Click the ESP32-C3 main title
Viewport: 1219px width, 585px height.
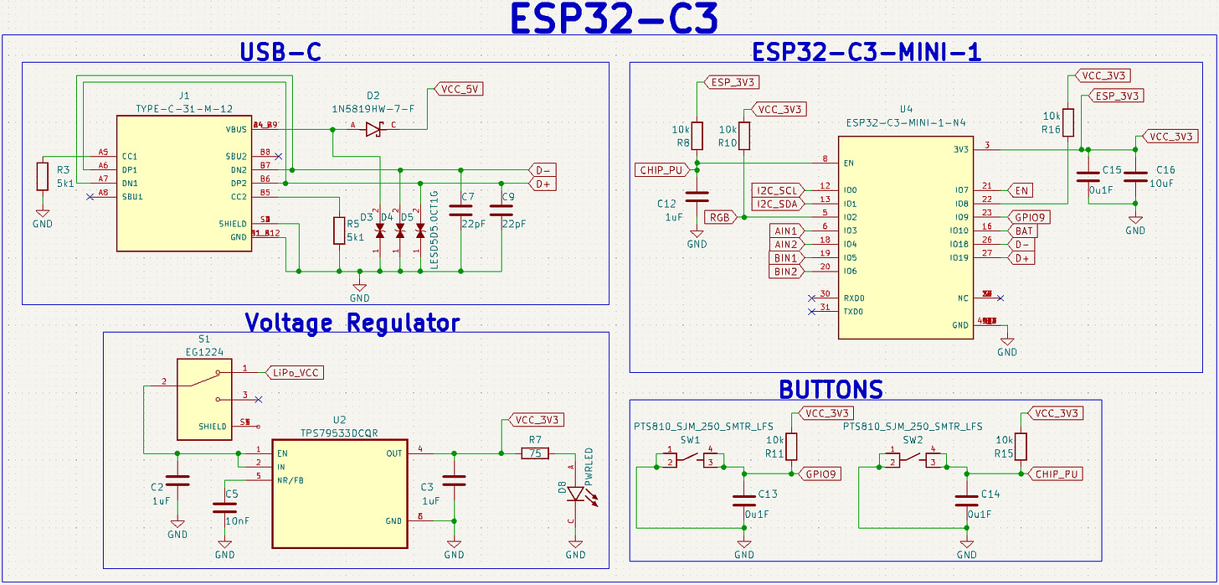tap(614, 20)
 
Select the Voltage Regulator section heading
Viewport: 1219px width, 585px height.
tap(352, 323)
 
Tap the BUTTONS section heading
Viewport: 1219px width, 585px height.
tap(831, 390)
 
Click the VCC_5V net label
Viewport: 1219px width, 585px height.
tap(459, 89)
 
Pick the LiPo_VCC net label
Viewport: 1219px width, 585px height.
tap(296, 372)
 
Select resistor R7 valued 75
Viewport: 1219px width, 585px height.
tap(534, 453)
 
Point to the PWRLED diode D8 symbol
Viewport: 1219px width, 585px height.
tap(575, 494)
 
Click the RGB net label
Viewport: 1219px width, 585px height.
tap(719, 217)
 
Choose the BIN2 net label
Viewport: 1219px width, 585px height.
tap(786, 271)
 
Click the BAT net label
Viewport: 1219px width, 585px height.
tap(1024, 230)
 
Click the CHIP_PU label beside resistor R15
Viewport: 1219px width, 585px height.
tap(1057, 474)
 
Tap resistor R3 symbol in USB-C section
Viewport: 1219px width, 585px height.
tap(42, 176)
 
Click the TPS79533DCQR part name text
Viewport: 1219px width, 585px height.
tap(340, 433)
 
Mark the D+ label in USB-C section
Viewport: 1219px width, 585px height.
tap(543, 184)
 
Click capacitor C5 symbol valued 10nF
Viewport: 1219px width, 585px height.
tap(224, 507)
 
